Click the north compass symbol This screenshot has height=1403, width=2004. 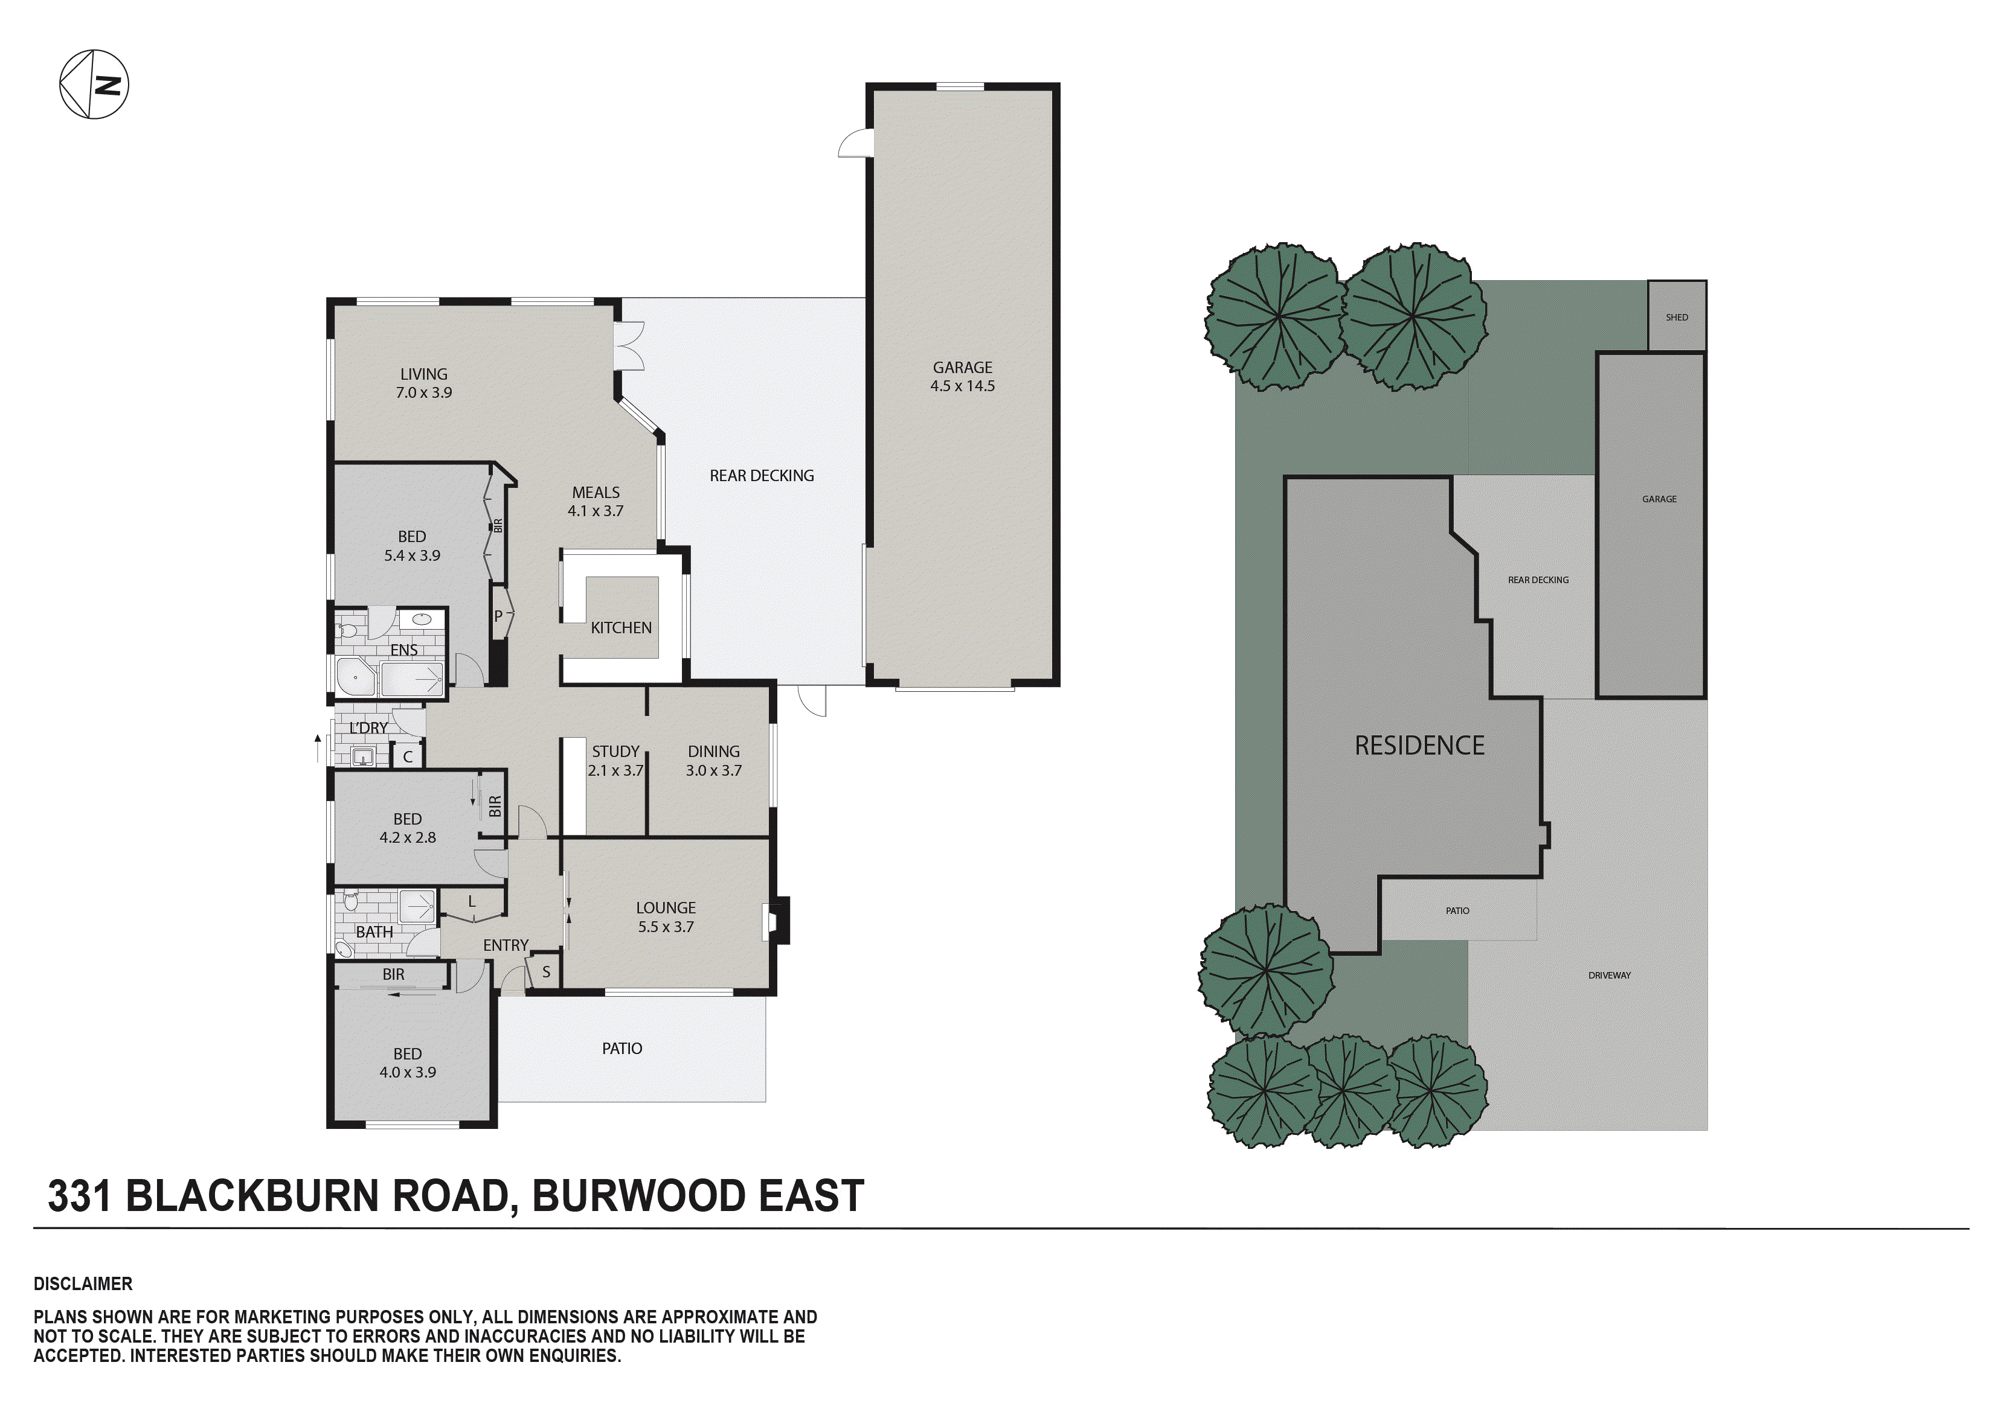click(94, 85)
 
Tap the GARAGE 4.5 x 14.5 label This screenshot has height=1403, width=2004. click(962, 377)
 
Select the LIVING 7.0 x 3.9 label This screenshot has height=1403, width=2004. click(423, 383)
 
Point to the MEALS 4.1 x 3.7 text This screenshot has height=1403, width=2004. click(596, 502)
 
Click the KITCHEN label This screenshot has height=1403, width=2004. click(620, 627)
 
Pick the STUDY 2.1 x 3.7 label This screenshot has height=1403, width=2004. click(615, 761)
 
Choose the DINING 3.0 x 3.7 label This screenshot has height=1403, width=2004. click(713, 761)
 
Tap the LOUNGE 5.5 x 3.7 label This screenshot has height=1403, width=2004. click(665, 917)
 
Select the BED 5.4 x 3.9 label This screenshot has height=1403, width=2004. click(412, 545)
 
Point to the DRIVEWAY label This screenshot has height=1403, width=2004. click(1608, 976)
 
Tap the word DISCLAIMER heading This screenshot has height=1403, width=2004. click(83, 1283)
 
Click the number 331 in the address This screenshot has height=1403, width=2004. click(80, 1195)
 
